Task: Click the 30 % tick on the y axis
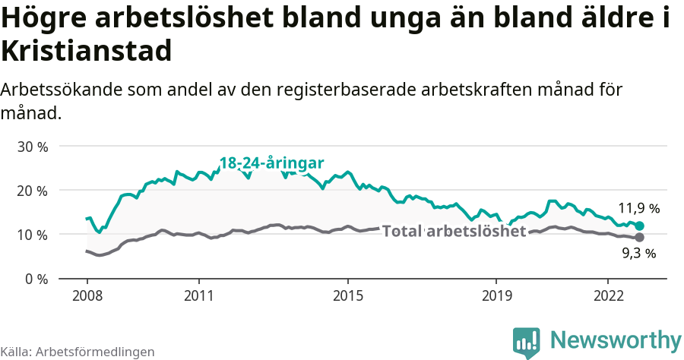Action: point(32,146)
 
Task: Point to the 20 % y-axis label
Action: point(32,190)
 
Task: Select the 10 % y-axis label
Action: point(32,235)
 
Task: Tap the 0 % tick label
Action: point(36,279)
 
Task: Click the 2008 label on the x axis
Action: point(87,295)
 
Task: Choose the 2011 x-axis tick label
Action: point(198,295)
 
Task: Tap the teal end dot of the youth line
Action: point(640,226)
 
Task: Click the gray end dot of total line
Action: point(640,238)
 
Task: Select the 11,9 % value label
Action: point(638,208)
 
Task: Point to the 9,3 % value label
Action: point(638,254)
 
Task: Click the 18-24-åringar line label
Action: point(272,163)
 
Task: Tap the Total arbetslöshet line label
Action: point(454,231)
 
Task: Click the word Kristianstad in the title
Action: point(86,52)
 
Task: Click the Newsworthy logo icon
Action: point(527,343)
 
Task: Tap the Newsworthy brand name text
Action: point(616,339)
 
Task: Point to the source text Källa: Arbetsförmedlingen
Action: point(78,352)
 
